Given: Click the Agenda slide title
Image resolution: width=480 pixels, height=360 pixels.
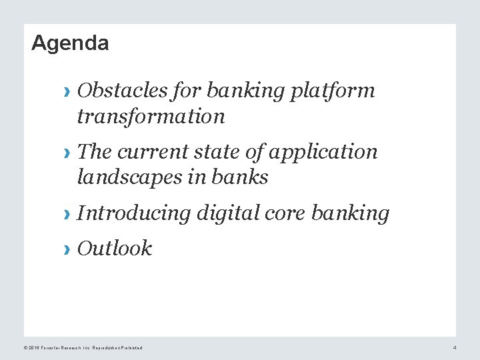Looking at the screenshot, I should coord(70,43).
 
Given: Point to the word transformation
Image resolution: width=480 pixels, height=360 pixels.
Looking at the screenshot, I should coord(151,117).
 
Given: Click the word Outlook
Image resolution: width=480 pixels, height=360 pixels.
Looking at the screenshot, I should coord(115,249).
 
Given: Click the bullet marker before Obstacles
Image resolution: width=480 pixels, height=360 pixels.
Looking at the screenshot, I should coord(65,92).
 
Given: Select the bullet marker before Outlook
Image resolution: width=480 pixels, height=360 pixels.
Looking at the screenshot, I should coord(65,251).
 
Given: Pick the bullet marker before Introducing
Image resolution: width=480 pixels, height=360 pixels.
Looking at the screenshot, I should coord(65,215).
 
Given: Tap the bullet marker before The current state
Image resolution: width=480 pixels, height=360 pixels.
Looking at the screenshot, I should coord(65,154).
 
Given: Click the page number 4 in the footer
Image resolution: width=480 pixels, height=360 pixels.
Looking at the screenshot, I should coord(454,348).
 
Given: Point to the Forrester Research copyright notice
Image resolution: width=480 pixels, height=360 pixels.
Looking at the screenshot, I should coord(83,348).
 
